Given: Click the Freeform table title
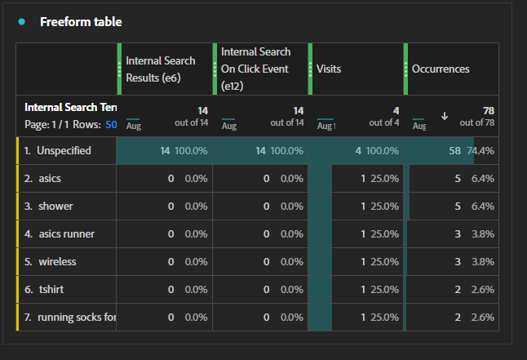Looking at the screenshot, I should pyautogui.click(x=81, y=21).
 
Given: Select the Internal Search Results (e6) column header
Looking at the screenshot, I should pyautogui.click(x=161, y=69).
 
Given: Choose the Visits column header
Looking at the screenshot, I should pyautogui.click(x=329, y=69).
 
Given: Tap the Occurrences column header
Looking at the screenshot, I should pyautogui.click(x=441, y=69).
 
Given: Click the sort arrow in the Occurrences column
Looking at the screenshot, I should pyautogui.click(x=445, y=116).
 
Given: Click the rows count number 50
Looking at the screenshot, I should pyautogui.click(x=111, y=124).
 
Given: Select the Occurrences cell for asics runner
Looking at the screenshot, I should pyautogui.click(x=458, y=234).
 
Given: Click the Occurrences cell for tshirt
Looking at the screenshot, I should pyautogui.click(x=458, y=290).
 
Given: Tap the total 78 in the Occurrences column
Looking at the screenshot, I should pyautogui.click(x=489, y=110).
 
